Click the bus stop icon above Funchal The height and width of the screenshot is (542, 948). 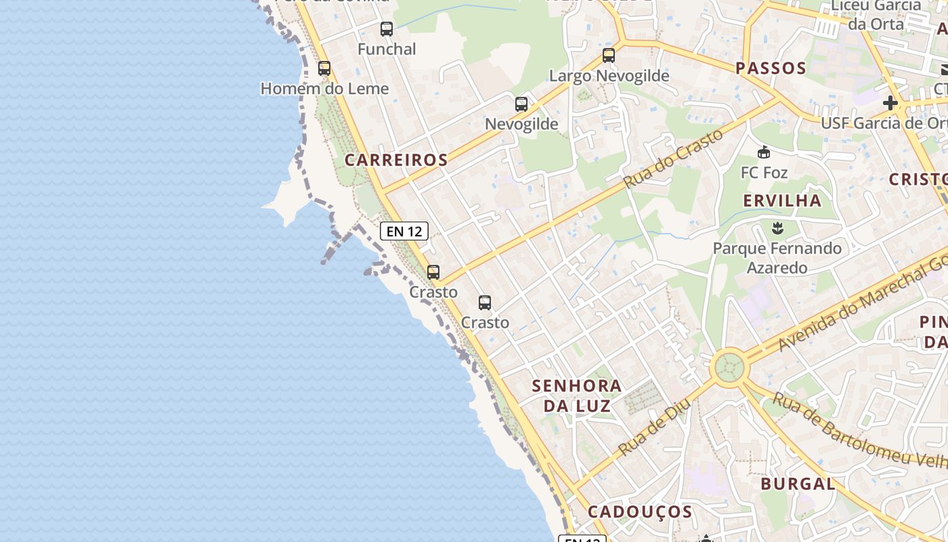coord(386,29)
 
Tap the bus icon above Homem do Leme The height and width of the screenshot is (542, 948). coord(324,68)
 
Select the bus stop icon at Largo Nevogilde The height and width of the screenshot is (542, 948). coord(609,56)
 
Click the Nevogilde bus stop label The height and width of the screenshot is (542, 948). coord(521,124)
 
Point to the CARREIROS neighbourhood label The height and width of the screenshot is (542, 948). coord(396,160)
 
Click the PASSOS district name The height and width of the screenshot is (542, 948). coord(771,68)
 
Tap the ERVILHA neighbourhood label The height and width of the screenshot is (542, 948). coord(782,201)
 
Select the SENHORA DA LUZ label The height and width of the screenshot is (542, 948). coord(577,396)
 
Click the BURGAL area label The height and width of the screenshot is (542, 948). coord(798,484)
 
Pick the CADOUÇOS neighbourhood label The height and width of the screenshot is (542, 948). coord(640,512)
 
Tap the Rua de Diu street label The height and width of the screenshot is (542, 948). coord(654,427)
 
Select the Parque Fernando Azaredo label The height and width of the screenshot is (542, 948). coord(777,257)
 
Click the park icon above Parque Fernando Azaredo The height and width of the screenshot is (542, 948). coord(777,228)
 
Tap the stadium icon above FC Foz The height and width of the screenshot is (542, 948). coord(764,152)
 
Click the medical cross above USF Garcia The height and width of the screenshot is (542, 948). coord(890,104)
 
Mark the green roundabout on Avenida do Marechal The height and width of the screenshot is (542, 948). coord(729,368)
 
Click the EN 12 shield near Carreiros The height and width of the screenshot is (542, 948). coord(404,231)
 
